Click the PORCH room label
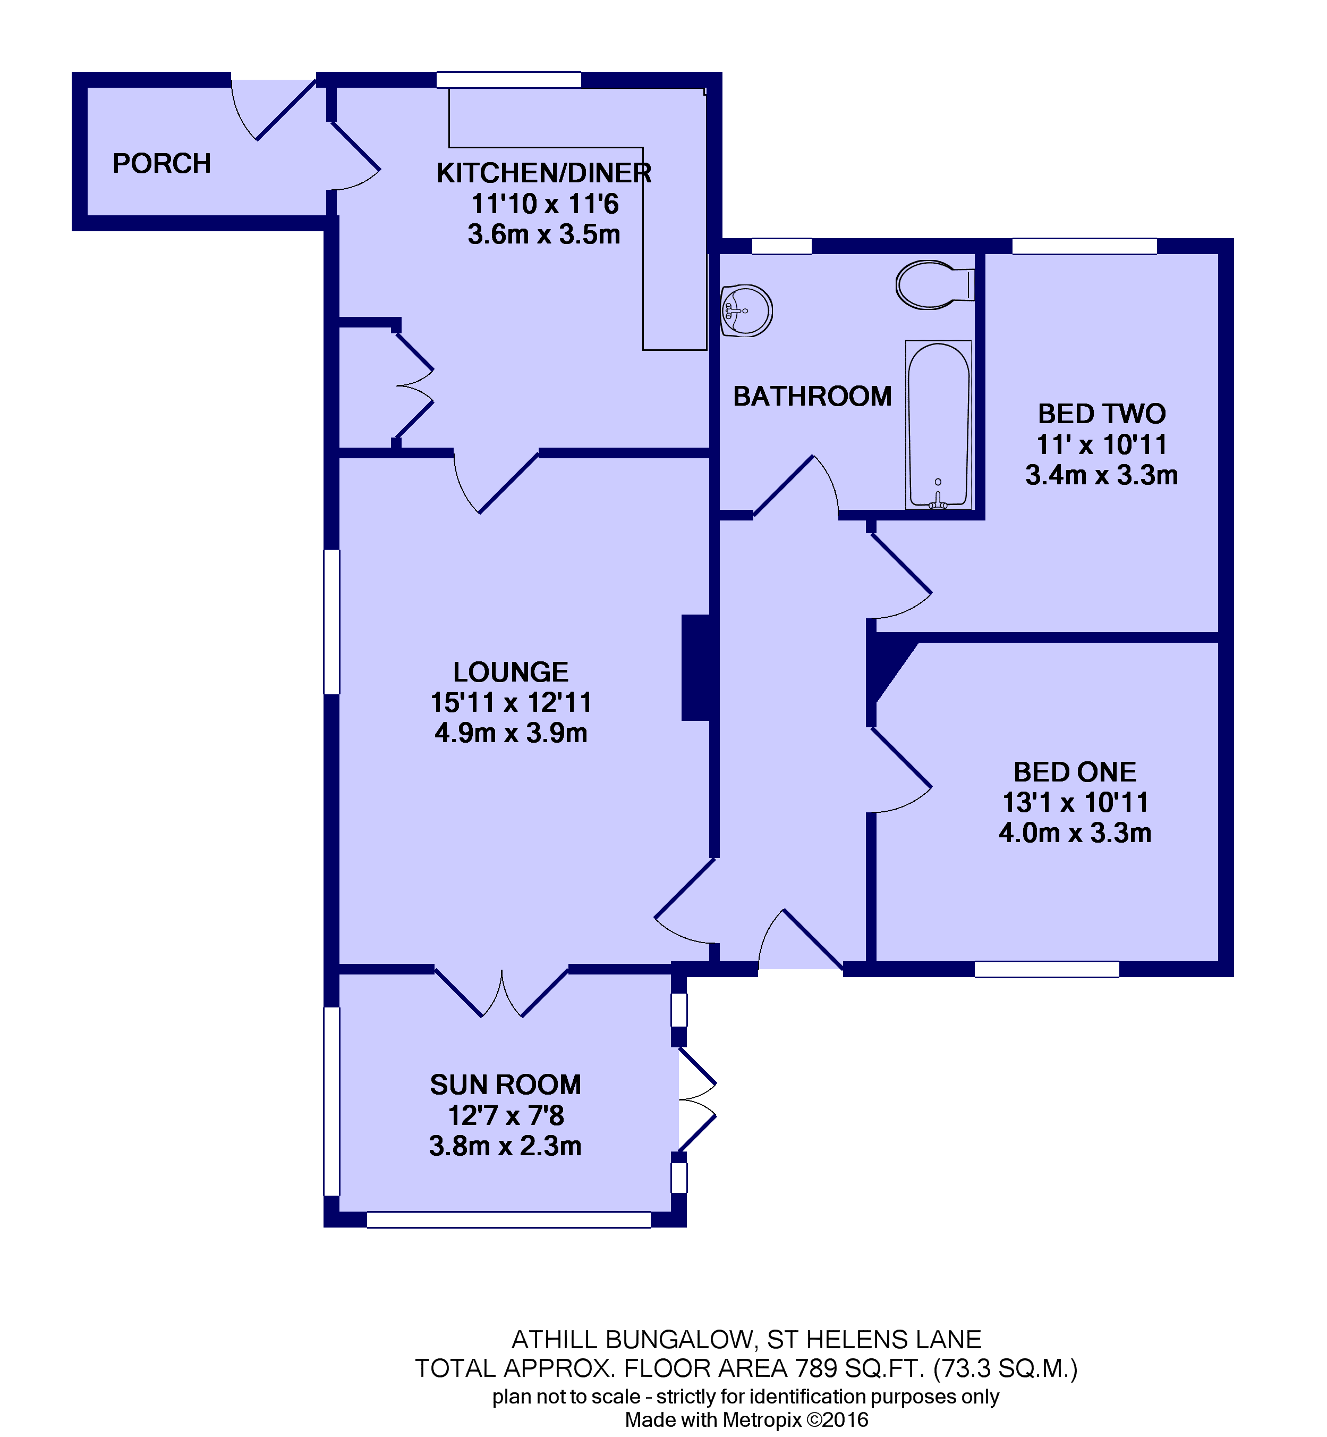pyautogui.click(x=161, y=164)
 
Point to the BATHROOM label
pyautogui.click(x=812, y=397)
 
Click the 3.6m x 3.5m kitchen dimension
pyautogui.click(x=543, y=235)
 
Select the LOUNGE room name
pyautogui.click(x=511, y=673)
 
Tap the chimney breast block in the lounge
pyautogui.click(x=696, y=668)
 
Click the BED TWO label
pyautogui.click(x=1102, y=414)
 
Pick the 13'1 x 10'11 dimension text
pyautogui.click(x=1075, y=803)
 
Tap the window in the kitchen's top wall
pyautogui.click(x=508, y=80)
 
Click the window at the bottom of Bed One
pyautogui.click(x=1046, y=969)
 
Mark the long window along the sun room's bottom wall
pyautogui.click(x=508, y=1219)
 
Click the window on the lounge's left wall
pyautogui.click(x=331, y=621)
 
